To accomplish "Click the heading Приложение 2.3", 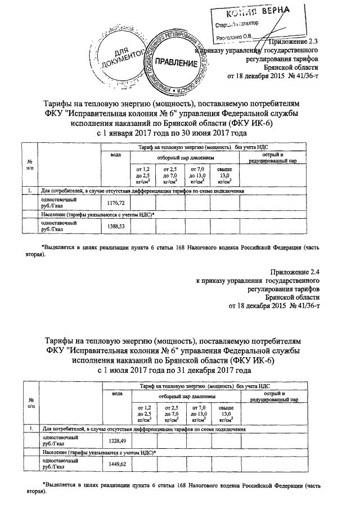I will [294, 41].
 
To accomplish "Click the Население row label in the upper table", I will [97, 215].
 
